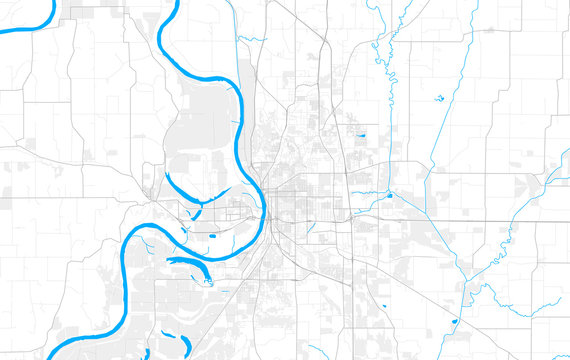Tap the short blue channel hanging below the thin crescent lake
pyautogui.click(x=197, y=212)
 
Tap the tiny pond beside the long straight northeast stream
pyautogui.click(x=439, y=98)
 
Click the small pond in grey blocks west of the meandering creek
pyautogui.click(x=361, y=134)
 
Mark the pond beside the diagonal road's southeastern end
pyautogui.click(x=455, y=321)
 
